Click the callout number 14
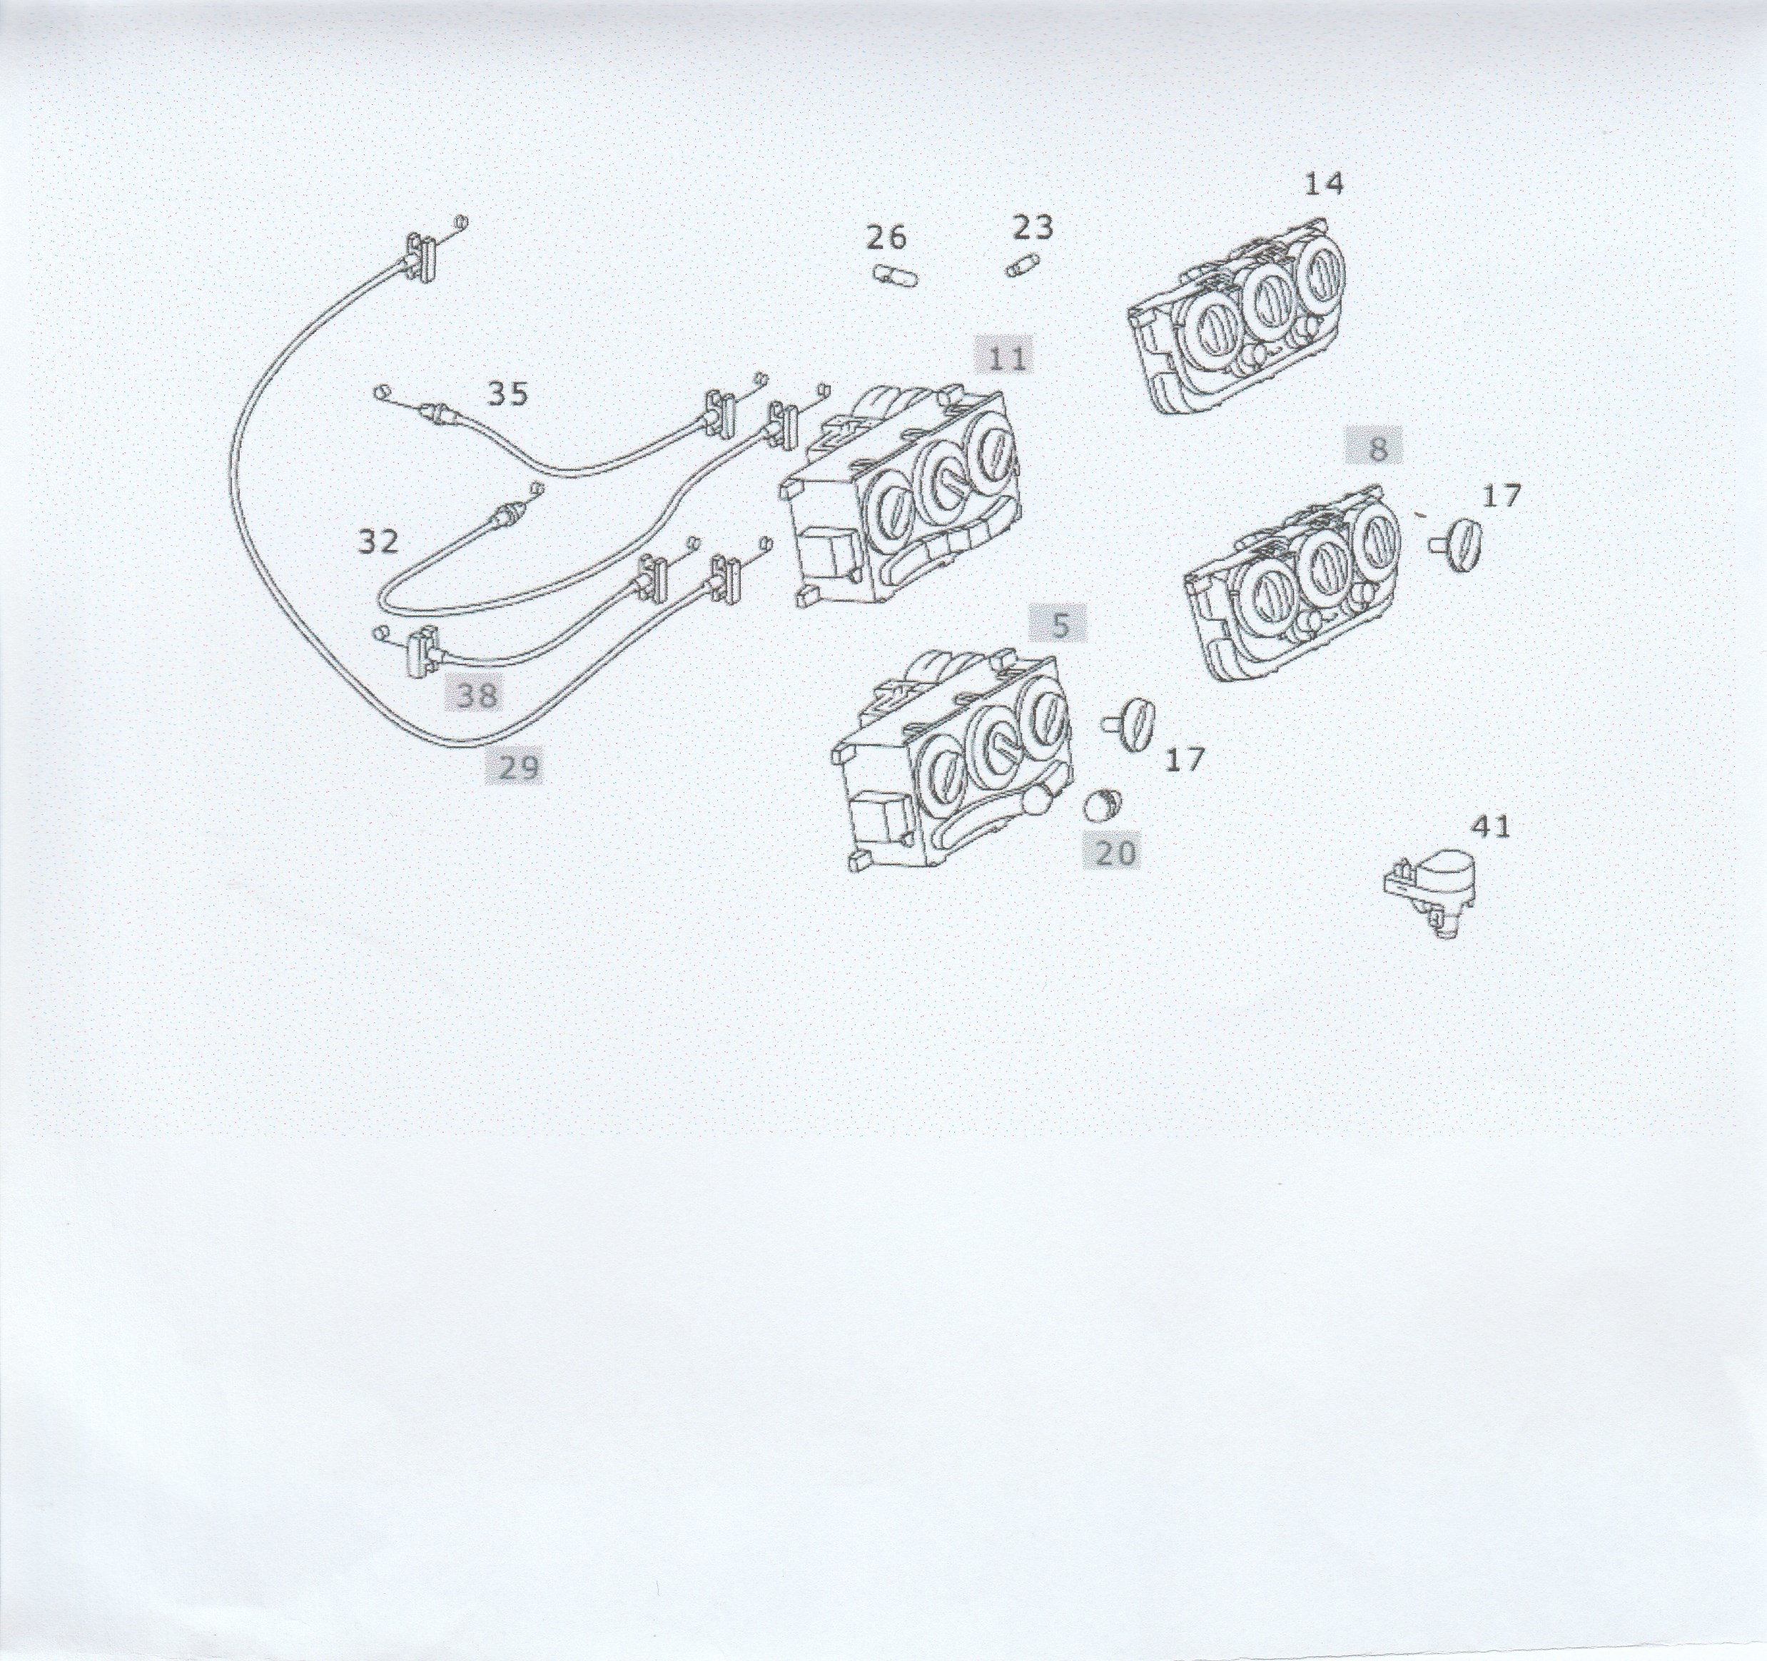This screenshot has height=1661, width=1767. [1324, 184]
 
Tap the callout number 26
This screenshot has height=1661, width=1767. [886, 238]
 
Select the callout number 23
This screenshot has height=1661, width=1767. [1033, 228]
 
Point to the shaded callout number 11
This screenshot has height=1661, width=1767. [1006, 358]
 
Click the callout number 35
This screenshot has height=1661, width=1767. [508, 394]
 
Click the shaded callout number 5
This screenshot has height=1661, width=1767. [1060, 625]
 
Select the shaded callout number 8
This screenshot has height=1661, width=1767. [1377, 449]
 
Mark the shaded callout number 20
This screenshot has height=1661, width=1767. [1115, 853]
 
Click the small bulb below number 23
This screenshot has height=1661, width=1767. [1023, 265]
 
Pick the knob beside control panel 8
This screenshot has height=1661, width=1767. [1459, 547]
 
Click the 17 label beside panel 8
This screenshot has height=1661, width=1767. [1502, 496]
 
